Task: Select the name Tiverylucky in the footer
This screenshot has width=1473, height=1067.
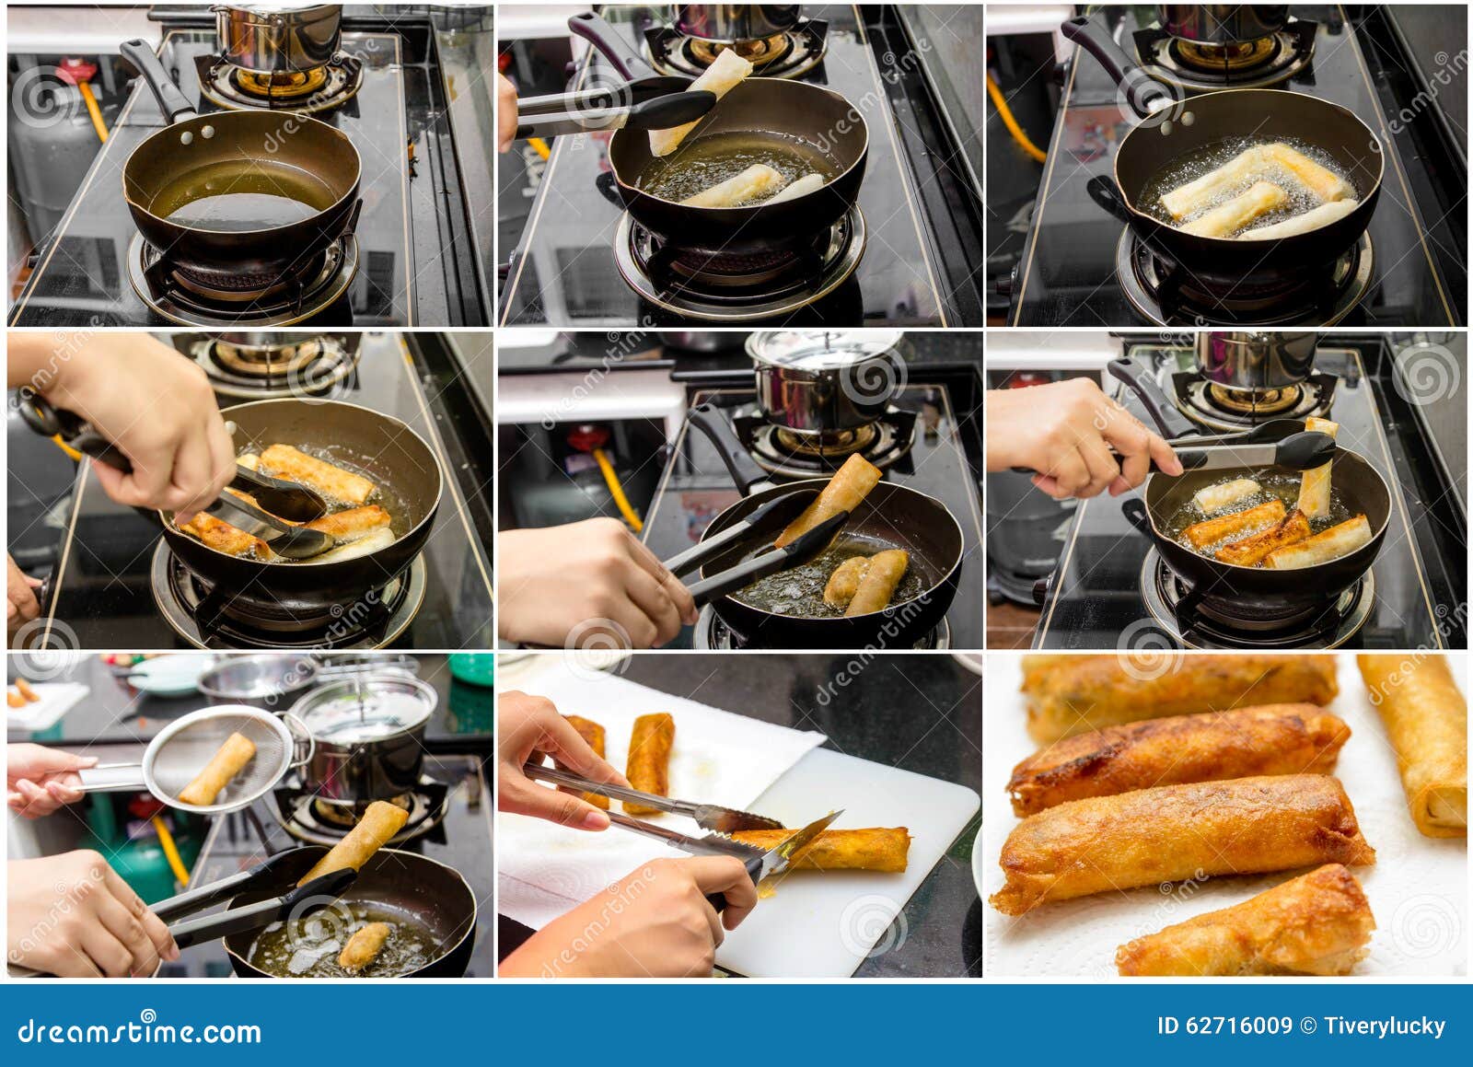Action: (x=1385, y=1026)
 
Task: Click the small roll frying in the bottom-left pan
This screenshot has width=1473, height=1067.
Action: (x=365, y=945)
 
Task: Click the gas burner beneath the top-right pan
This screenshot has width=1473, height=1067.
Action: (x=1243, y=272)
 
